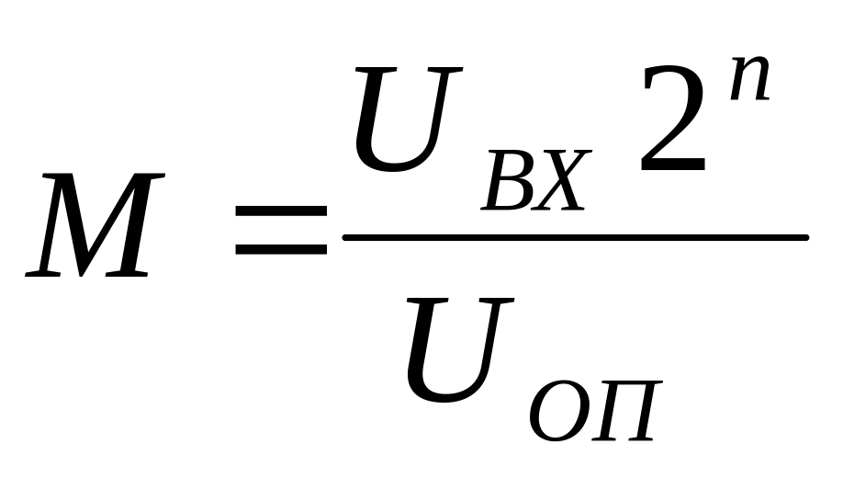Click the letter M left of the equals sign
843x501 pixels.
tap(96, 225)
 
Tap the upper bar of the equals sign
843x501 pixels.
tap(281, 211)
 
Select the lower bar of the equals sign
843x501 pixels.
tap(281, 250)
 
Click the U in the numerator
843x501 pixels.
tap(409, 119)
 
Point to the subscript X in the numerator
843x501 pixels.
tap(562, 181)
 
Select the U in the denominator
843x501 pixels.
tap(460, 350)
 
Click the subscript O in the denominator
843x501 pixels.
tap(557, 412)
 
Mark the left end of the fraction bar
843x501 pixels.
tap(344, 237)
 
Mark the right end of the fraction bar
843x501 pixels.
tap(806, 237)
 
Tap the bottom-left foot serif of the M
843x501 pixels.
tap(42, 275)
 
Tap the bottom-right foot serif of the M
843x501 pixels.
tap(127, 275)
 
